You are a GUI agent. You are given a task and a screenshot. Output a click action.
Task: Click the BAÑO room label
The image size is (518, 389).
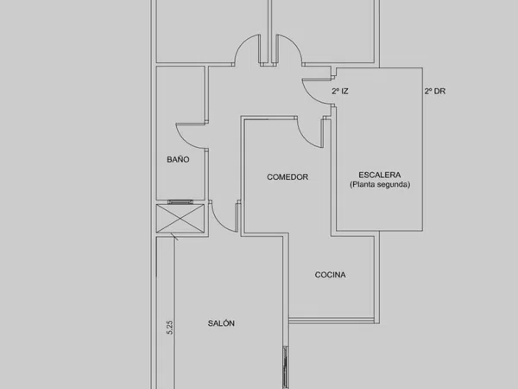(x=178, y=159)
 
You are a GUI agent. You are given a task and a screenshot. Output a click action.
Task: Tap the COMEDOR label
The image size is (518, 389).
(x=287, y=177)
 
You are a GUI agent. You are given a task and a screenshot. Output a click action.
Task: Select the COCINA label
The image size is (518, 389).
(x=331, y=275)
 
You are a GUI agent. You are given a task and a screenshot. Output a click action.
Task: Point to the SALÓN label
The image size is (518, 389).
(x=221, y=323)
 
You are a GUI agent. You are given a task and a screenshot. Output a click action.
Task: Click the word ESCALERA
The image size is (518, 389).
(x=380, y=175)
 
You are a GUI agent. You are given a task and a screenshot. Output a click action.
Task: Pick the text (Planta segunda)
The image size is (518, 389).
(x=380, y=184)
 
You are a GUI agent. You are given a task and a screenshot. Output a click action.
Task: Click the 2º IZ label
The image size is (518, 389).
(x=340, y=91)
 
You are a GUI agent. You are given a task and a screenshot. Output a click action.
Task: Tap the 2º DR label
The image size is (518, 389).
(x=435, y=91)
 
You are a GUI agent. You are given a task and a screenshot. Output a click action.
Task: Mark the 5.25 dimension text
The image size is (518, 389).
(x=170, y=328)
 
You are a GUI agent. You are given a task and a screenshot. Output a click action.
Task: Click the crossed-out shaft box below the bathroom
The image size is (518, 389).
(x=180, y=219)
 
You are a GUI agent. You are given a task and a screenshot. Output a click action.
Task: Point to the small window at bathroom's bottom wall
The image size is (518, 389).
(x=180, y=201)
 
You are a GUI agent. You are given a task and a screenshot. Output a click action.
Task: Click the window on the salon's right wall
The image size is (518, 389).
(x=286, y=367)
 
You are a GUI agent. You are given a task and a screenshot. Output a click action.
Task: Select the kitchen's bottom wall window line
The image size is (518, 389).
(x=332, y=320)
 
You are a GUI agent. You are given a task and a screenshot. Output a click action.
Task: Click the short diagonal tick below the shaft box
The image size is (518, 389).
(x=174, y=237)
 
